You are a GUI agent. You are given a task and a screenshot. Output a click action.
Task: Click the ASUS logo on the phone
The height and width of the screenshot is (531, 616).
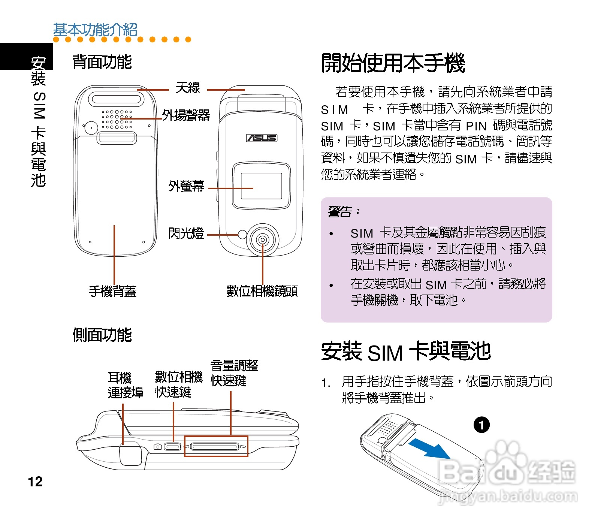[262, 138]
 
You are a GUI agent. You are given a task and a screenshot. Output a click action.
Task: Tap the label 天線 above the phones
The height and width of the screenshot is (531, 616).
[188, 88]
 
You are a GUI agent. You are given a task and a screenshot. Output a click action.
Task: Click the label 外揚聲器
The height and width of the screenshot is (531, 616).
[186, 115]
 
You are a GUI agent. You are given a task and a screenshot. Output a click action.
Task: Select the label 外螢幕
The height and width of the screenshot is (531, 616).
[186, 186]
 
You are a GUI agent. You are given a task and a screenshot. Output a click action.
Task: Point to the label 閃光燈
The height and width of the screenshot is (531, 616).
[186, 233]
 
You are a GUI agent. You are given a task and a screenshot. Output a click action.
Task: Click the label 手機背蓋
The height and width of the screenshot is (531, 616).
[112, 291]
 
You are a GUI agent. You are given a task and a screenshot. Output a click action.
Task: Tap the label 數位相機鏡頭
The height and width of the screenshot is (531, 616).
[262, 291]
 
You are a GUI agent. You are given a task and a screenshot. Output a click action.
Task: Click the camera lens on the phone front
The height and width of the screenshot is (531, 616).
[263, 240]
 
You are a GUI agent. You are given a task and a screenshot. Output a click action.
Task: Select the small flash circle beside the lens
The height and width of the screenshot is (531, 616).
[242, 235]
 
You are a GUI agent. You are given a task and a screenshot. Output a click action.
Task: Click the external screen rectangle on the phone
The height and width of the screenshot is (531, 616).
[261, 186]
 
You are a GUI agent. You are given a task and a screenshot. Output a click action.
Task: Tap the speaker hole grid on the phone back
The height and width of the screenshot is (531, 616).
[117, 119]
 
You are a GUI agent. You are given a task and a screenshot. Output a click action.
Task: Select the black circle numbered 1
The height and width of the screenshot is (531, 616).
[481, 425]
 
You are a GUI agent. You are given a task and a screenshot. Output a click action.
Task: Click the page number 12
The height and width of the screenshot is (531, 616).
[35, 482]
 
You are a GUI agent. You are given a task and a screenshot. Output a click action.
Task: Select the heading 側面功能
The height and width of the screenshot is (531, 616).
[102, 335]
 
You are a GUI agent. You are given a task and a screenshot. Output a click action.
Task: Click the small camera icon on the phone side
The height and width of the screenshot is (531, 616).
[158, 447]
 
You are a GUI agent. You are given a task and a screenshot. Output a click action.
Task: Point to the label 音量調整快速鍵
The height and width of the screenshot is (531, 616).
[234, 373]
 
